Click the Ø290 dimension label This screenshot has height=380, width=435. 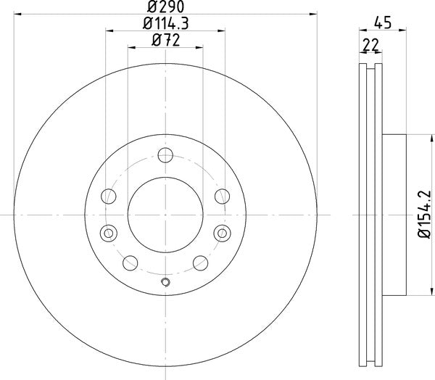click(165, 6)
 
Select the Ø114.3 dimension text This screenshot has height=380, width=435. click(165, 24)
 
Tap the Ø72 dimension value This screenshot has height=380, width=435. click(165, 41)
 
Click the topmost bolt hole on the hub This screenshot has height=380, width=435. click(165, 154)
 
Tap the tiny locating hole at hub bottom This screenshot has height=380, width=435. click(165, 283)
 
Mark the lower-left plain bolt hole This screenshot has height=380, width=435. click(132, 263)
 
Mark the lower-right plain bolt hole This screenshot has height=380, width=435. click(199, 263)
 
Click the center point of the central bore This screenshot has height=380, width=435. click(165, 214)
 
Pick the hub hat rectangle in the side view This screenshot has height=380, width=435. click(393, 214)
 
